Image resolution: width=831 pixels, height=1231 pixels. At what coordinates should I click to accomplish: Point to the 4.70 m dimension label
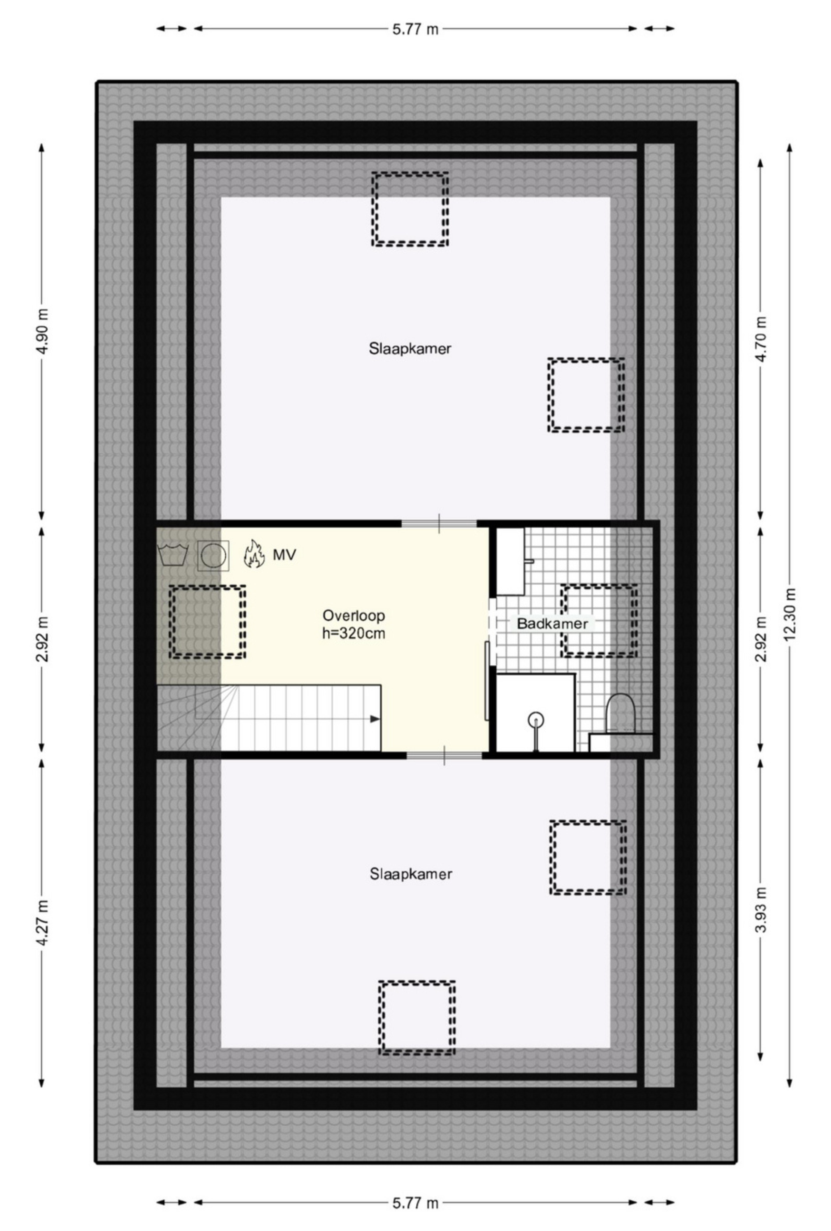pyautogui.click(x=760, y=339)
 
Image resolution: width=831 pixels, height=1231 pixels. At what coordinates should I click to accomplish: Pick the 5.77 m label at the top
pyautogui.click(x=415, y=29)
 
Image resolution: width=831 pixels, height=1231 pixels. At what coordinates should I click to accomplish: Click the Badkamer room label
pyautogui.click(x=552, y=624)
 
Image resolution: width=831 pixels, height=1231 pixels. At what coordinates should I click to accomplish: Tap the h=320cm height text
pyautogui.click(x=353, y=633)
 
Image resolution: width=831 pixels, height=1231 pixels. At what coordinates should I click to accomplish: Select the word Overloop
pyautogui.click(x=353, y=615)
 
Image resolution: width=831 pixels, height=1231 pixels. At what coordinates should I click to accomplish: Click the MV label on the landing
pyautogui.click(x=284, y=554)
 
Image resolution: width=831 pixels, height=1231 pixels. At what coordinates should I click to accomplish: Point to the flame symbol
pyautogui.click(x=254, y=554)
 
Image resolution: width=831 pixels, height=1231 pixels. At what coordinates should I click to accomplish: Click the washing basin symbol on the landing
pyautogui.click(x=173, y=554)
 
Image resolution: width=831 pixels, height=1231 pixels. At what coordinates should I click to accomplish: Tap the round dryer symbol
pyautogui.click(x=213, y=556)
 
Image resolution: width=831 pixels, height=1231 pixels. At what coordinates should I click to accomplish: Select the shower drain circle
pyautogui.click(x=536, y=719)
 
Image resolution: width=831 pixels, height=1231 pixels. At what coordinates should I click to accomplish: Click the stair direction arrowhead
pyautogui.click(x=375, y=719)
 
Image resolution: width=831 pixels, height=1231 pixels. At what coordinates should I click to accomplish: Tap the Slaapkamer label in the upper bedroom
pyautogui.click(x=410, y=348)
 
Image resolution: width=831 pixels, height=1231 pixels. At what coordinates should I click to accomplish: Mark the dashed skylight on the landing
pyautogui.click(x=207, y=586)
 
